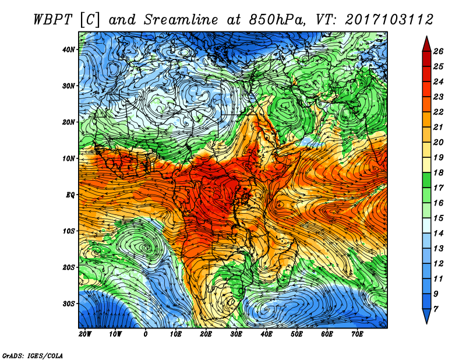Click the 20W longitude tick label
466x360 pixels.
coord(85,334)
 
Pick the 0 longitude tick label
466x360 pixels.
coord(146,334)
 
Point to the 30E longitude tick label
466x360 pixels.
coord(236,334)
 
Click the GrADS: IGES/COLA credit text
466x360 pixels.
coord(33,355)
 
